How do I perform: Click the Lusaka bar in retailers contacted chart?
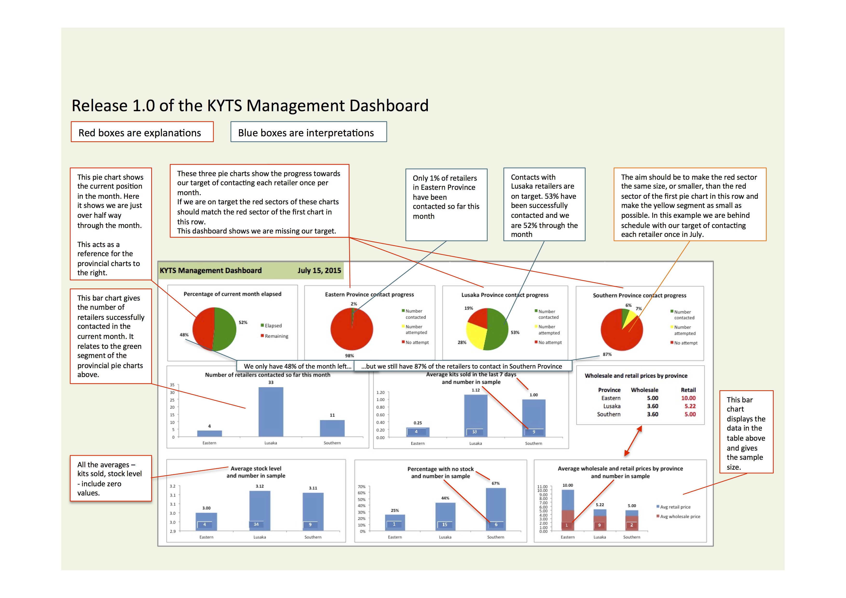271,412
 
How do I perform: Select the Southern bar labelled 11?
332,428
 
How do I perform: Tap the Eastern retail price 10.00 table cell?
688,398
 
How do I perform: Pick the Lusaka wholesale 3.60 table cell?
653,406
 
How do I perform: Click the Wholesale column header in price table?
644,390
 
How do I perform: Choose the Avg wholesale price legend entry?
678,516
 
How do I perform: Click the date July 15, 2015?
319,270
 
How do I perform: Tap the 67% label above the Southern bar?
496,483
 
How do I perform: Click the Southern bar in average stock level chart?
313,512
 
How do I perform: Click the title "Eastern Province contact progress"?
369,294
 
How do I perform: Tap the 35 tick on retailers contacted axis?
172,385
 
